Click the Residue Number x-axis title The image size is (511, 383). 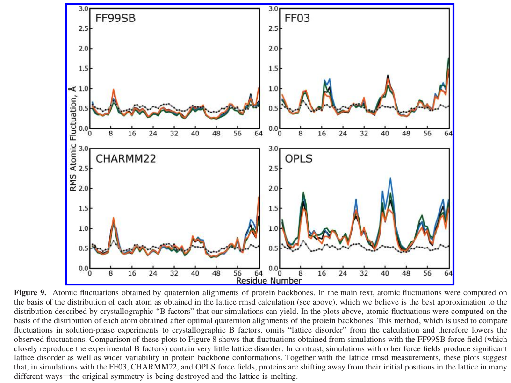click(x=269, y=281)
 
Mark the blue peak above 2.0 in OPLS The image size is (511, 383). click(x=390, y=178)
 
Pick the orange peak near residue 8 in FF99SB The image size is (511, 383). click(x=113, y=89)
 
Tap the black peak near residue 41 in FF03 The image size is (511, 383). click(x=388, y=76)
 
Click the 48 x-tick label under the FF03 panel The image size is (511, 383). click(x=406, y=134)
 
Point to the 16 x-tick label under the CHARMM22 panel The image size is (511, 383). click(x=132, y=274)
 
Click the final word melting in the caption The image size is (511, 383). click(x=283, y=376)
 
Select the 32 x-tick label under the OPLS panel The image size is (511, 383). click(x=364, y=274)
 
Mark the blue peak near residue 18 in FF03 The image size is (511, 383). click(x=330, y=79)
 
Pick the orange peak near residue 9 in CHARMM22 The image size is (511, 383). click(x=114, y=218)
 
